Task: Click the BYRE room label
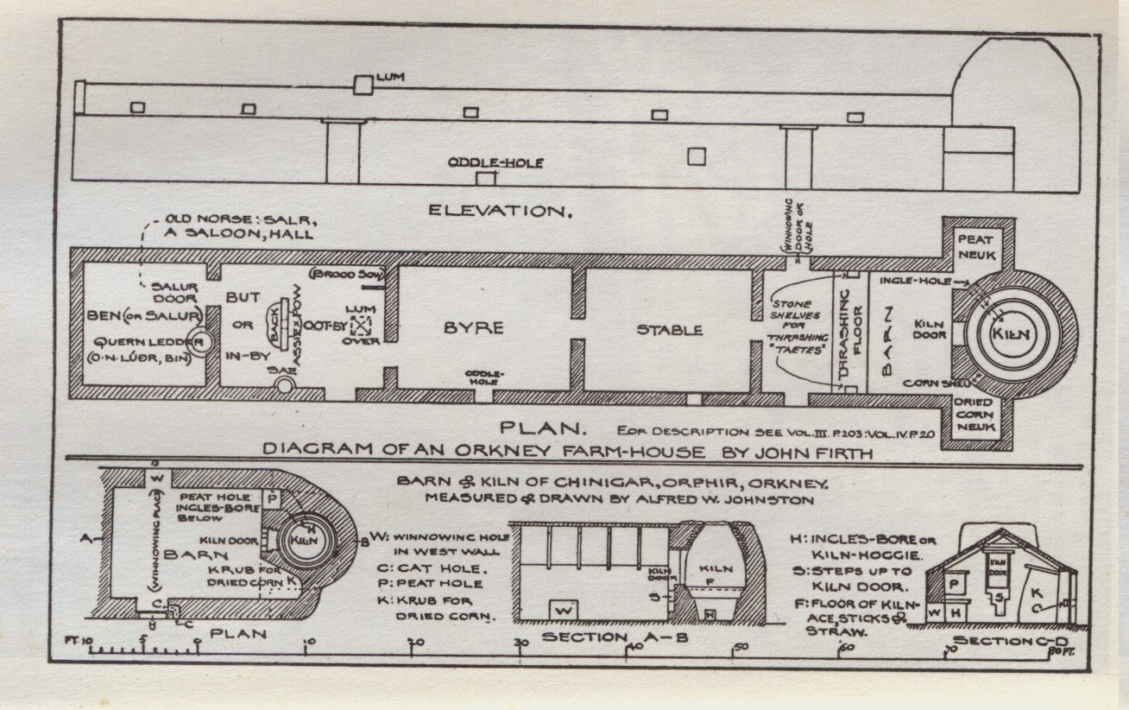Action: click(473, 328)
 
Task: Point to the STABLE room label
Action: click(669, 329)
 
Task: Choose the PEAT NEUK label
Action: click(976, 246)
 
